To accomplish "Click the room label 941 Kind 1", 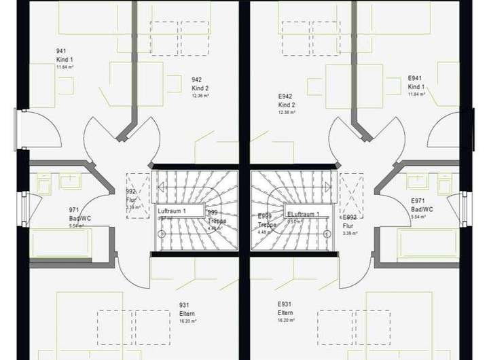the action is tap(65, 56).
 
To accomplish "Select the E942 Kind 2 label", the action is tap(287, 101).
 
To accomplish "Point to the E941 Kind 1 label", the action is tap(416, 83).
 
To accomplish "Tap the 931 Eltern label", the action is tap(187, 310).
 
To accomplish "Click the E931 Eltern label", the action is tap(285, 308).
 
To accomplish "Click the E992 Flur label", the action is tap(350, 222).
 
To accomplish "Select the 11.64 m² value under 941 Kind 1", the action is tap(65, 67).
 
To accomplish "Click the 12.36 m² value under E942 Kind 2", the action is tap(287, 113).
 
